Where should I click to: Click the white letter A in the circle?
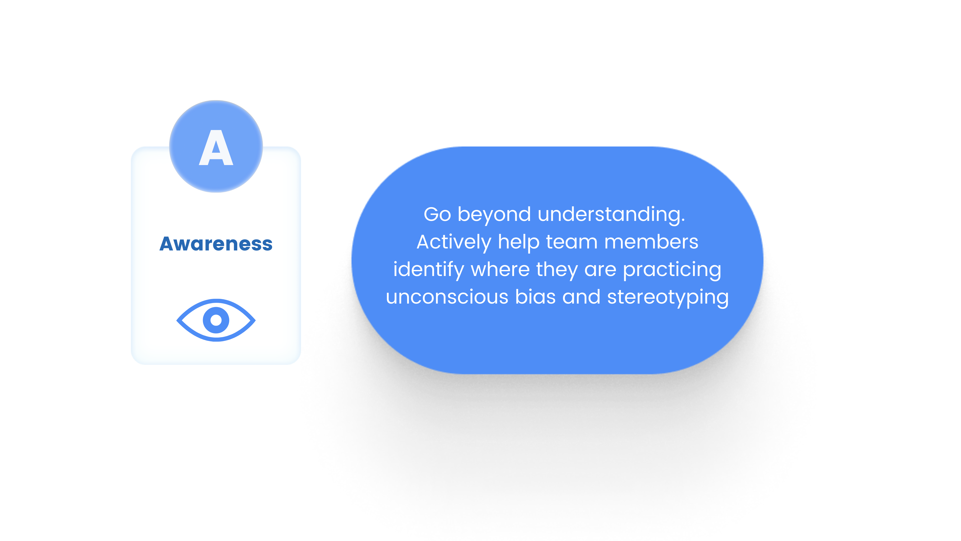click(x=216, y=148)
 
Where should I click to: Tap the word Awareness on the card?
click(x=216, y=244)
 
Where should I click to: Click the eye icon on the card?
click(x=216, y=320)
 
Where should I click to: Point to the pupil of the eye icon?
click(x=216, y=320)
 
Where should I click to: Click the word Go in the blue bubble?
click(x=437, y=214)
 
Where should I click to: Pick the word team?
click(x=572, y=242)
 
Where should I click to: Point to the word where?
click(x=501, y=269)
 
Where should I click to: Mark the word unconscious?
click(x=447, y=298)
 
